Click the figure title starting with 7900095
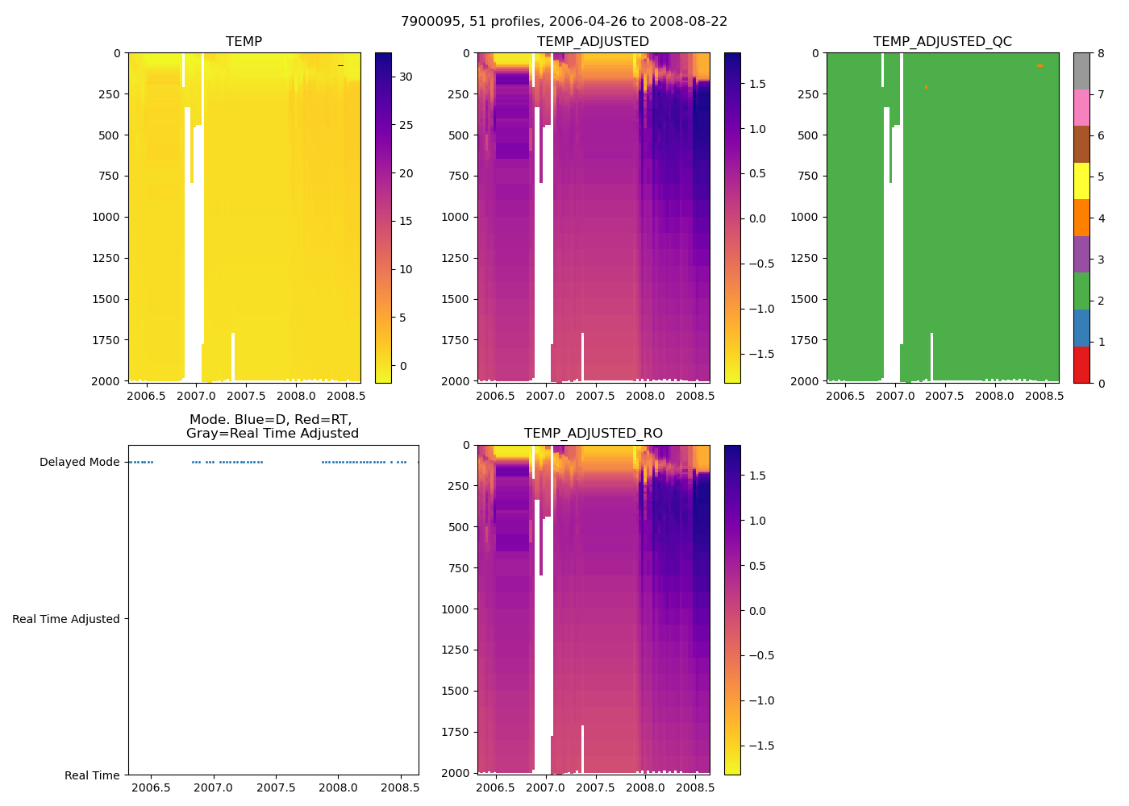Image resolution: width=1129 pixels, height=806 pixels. coord(564,22)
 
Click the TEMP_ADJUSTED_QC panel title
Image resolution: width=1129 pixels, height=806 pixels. coord(942,42)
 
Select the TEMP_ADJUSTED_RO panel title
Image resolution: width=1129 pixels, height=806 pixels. coord(593,434)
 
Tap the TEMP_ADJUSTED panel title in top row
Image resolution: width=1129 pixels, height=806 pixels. coord(593,42)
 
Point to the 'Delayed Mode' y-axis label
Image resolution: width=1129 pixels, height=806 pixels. coord(79,462)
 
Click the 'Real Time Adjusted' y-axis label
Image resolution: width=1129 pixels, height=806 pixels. coord(66,619)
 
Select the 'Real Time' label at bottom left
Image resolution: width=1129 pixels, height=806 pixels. coord(92,775)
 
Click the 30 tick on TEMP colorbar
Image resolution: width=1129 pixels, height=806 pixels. coord(406,77)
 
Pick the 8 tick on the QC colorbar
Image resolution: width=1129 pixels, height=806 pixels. coord(1101,54)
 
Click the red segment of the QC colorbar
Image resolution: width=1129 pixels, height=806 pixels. coord(1081,364)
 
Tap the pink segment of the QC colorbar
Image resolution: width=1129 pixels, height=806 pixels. coord(1081,108)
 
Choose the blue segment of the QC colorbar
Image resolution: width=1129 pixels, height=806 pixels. coord(1081,327)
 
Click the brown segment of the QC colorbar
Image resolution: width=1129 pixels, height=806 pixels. coord(1081,144)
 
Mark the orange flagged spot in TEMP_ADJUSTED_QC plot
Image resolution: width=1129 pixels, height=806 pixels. coord(1039,65)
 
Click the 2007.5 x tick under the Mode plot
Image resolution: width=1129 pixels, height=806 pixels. coord(276,787)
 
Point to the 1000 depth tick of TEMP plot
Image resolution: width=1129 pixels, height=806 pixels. coord(106,217)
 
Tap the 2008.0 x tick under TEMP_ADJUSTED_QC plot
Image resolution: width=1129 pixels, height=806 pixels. coord(994,396)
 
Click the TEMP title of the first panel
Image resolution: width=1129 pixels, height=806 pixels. coord(244,42)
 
